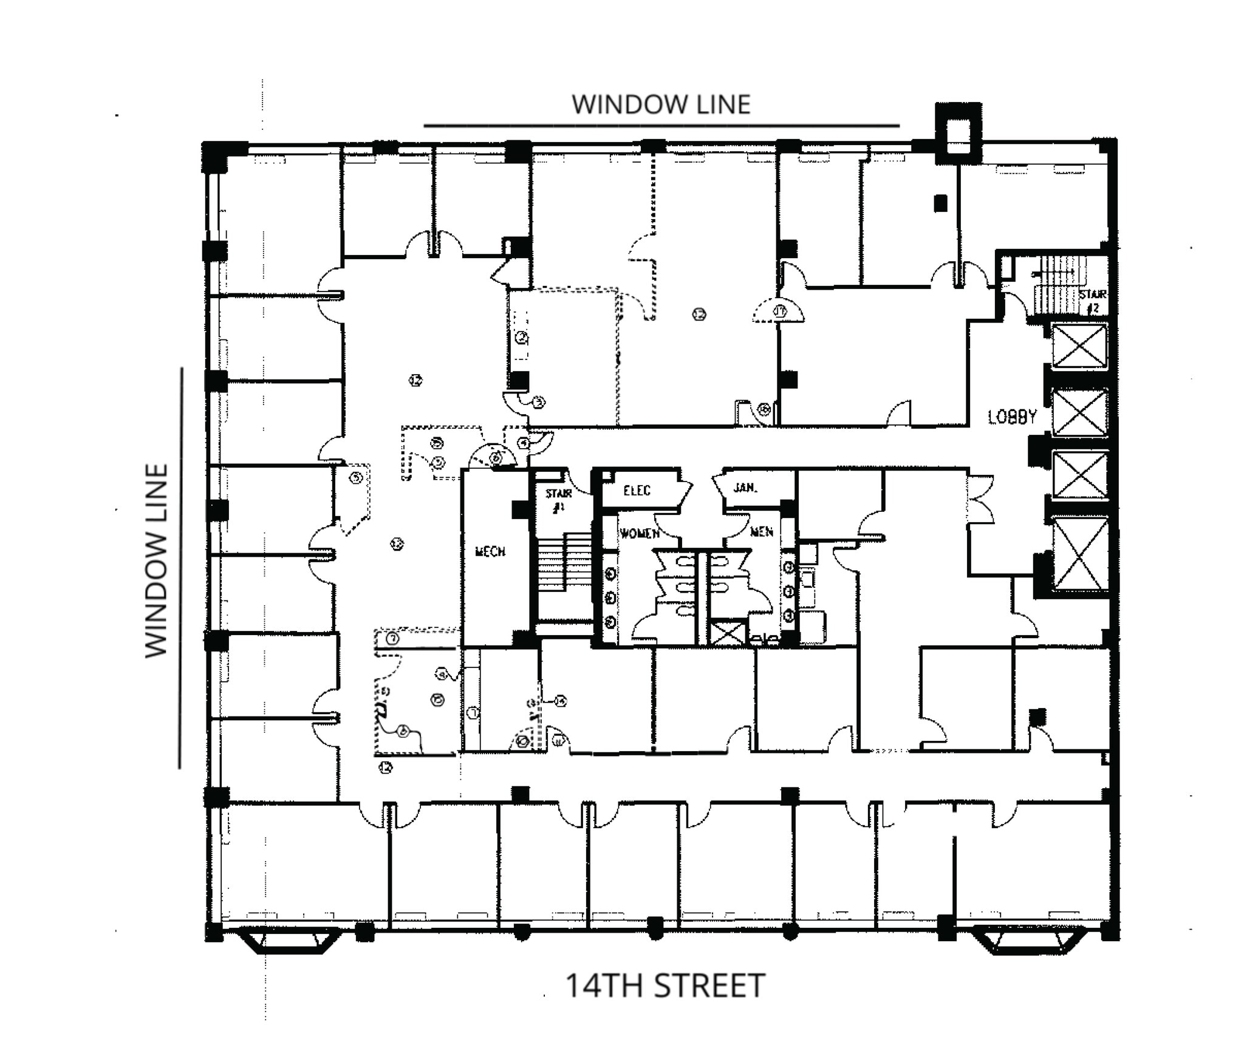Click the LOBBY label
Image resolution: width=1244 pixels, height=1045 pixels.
1011,417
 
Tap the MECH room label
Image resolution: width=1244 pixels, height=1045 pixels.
490,551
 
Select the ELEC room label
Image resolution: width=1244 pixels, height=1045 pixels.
637,491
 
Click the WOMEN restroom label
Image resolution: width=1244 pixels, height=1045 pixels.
639,533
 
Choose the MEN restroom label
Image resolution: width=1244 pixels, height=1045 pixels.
762,532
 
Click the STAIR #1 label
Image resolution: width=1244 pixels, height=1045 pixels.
558,500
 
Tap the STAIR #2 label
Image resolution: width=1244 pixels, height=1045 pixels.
1092,301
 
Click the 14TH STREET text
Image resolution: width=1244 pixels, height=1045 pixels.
665,985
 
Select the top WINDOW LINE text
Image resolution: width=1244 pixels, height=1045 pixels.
661,104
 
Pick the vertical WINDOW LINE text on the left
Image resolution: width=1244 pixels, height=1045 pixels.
157,560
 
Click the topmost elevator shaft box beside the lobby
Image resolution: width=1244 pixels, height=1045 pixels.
1079,345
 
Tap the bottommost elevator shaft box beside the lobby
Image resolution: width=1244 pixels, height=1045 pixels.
1079,553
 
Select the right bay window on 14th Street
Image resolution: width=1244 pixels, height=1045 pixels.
1027,940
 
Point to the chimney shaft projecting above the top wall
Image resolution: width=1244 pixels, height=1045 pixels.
958,132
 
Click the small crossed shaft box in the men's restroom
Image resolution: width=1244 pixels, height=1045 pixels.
728,631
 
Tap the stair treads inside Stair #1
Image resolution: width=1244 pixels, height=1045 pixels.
564,562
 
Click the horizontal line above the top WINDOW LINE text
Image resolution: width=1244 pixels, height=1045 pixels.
661,126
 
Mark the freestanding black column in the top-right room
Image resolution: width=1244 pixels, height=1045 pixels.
940,203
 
